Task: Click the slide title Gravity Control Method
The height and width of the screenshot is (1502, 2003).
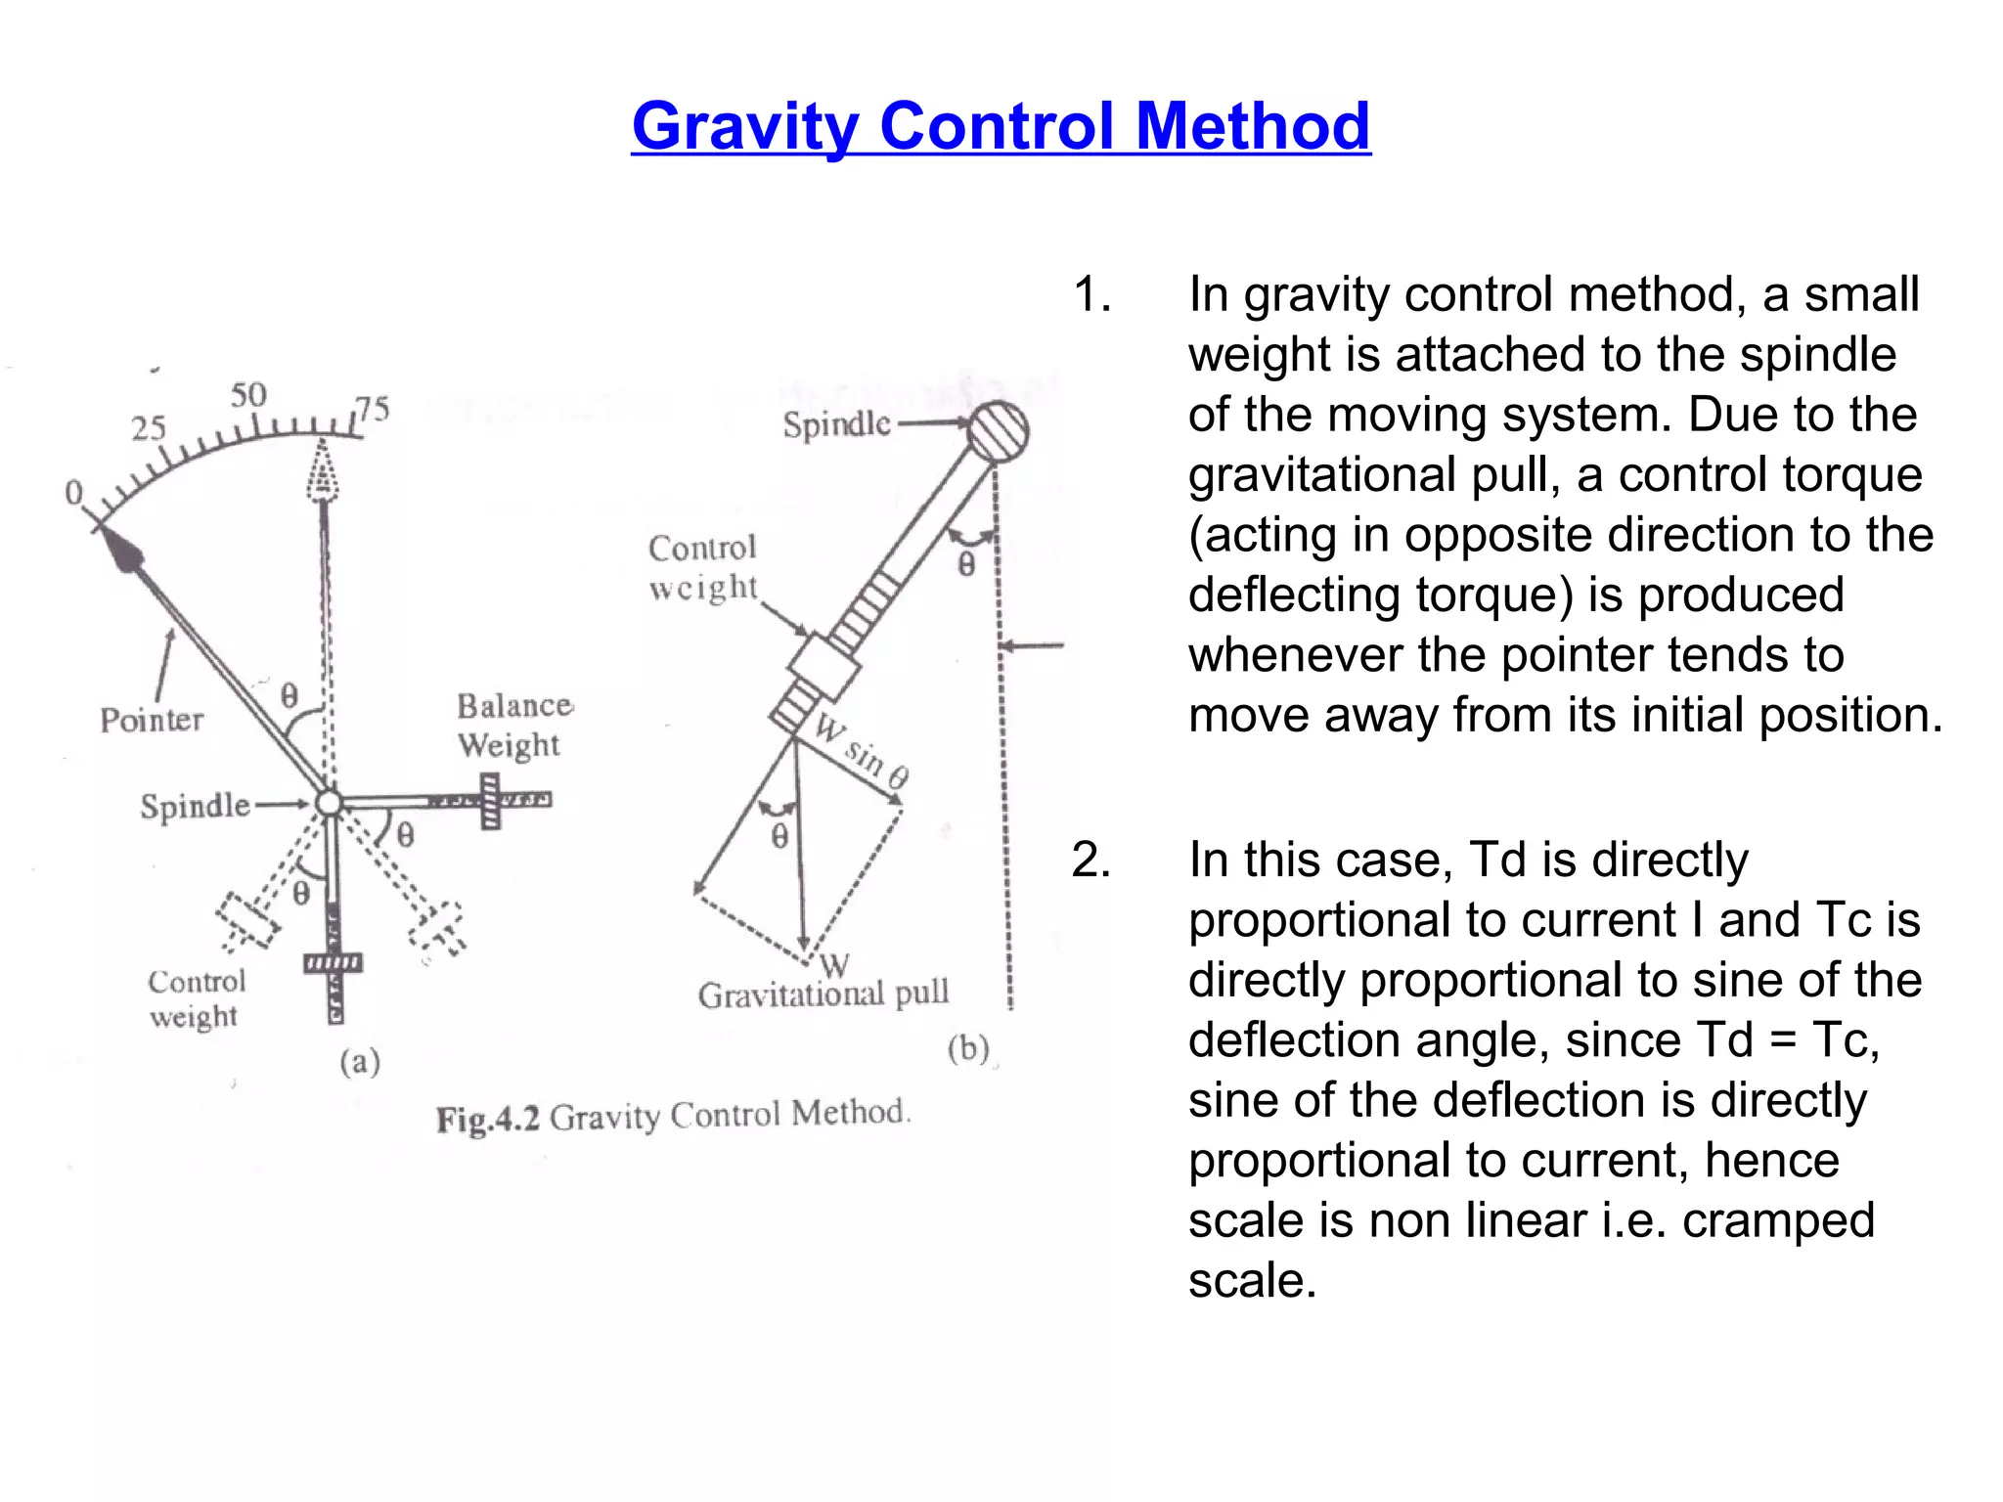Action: click(x=1001, y=126)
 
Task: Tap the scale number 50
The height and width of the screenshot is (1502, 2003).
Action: click(x=248, y=395)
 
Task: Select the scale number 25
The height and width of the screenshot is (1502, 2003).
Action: click(x=149, y=428)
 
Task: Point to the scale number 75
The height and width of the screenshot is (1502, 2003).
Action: click(x=373, y=409)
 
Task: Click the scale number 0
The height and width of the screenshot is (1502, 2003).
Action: click(x=73, y=493)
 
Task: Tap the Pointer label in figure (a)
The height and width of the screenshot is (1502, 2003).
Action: click(x=152, y=721)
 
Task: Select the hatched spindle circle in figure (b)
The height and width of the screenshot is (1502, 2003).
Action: click(x=999, y=430)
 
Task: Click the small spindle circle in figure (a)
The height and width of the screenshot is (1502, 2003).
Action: click(x=330, y=803)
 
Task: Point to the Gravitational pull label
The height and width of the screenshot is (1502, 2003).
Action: click(x=823, y=994)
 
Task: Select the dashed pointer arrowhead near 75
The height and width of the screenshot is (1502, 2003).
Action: click(x=323, y=470)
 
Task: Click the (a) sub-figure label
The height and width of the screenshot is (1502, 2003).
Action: click(x=360, y=1062)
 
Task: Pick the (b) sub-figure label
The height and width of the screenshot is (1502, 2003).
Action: click(x=968, y=1049)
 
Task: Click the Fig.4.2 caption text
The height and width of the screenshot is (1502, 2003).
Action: click(x=673, y=1115)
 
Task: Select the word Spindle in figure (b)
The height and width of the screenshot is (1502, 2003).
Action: click(x=836, y=424)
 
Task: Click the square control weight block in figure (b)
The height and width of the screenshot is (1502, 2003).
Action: click(x=824, y=668)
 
